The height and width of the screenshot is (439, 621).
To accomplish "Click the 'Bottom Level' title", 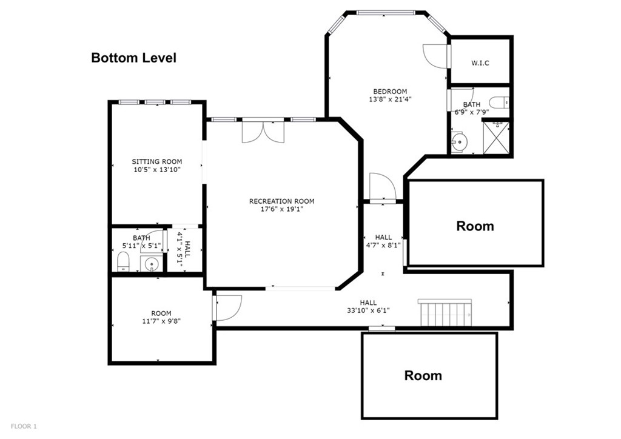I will (x=133, y=58).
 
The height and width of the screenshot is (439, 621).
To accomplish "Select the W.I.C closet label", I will (x=480, y=63).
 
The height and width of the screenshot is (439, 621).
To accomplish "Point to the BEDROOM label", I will (x=390, y=92).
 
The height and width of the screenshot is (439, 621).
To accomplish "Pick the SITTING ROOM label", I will (x=157, y=161).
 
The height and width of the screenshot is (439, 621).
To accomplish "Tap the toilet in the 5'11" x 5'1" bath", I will (x=123, y=262).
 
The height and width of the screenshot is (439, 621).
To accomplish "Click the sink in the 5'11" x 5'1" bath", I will (x=150, y=264).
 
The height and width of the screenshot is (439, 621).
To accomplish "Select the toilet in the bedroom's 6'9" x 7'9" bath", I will (x=499, y=102).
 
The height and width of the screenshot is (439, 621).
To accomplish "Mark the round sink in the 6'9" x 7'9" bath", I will (x=459, y=142).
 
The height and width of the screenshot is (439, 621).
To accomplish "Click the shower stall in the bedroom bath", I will (x=496, y=138).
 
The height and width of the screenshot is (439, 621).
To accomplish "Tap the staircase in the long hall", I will (x=445, y=313).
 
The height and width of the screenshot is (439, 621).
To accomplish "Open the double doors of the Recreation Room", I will (x=263, y=132).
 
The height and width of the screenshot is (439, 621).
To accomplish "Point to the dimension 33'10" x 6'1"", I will (x=368, y=310).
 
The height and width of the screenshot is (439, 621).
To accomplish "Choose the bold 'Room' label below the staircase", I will (x=423, y=375).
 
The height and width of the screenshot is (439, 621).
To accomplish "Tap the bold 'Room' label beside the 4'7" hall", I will (x=475, y=226).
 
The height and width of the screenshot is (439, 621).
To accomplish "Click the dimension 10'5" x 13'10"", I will (x=157, y=170).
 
